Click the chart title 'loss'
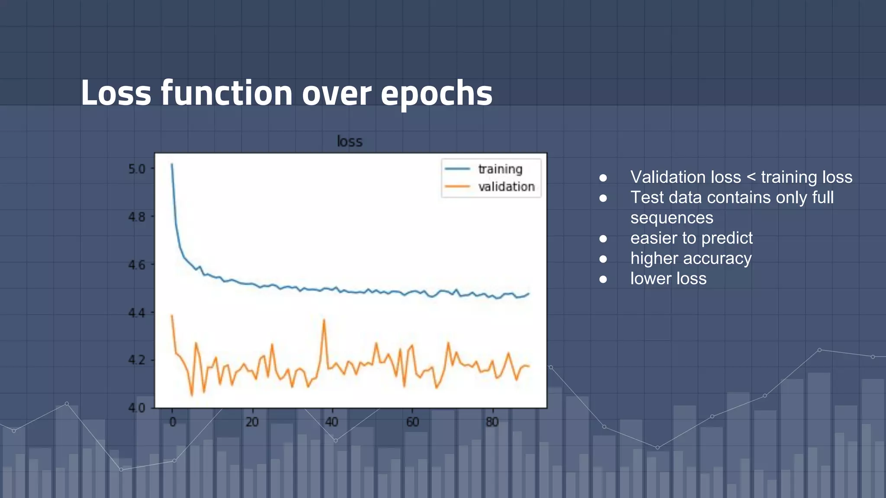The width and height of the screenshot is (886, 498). (350, 141)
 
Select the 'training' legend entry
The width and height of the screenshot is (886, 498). (500, 169)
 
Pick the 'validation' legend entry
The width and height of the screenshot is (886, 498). (506, 187)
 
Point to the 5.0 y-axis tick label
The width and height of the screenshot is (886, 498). (137, 169)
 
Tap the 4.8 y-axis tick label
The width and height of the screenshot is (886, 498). (137, 217)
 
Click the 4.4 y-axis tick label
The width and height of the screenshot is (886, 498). (137, 313)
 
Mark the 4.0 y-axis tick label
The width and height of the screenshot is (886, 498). (137, 408)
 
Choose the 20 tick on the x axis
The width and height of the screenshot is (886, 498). (252, 422)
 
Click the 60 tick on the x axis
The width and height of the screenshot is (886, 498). (412, 422)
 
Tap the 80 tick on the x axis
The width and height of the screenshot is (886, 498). (492, 422)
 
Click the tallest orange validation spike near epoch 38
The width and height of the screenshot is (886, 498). (324, 320)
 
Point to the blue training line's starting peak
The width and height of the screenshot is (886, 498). (172, 164)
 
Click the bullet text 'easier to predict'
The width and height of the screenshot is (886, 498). (691, 238)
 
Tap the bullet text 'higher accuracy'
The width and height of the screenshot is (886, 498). (690, 258)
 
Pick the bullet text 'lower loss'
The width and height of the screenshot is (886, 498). (668, 278)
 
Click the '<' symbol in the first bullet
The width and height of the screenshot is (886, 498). (751, 177)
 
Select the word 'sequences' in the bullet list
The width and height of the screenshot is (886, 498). (671, 217)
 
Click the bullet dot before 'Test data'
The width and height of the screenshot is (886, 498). (603, 198)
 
